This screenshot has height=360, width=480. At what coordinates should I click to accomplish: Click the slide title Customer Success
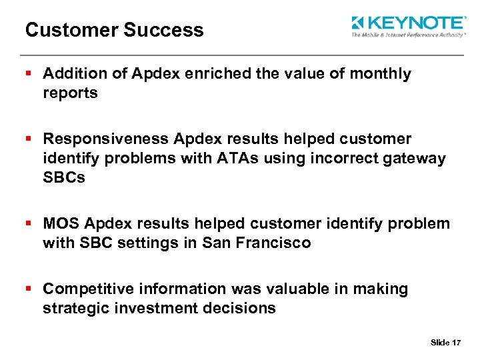tap(114, 30)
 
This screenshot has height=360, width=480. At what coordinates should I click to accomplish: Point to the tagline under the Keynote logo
tap(407, 35)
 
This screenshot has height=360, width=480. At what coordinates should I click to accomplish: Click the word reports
tap(70, 93)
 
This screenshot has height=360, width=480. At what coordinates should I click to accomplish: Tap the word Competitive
tap(83, 289)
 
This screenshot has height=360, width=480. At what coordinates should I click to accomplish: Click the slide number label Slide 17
tap(445, 343)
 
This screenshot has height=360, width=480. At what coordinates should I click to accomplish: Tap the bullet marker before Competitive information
tap(28, 289)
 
